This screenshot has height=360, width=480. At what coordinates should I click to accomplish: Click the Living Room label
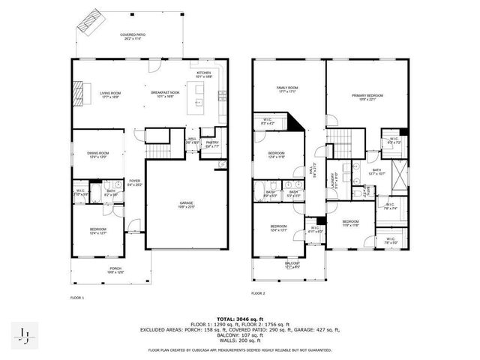[110, 94]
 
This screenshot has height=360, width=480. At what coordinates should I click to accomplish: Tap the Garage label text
[186, 205]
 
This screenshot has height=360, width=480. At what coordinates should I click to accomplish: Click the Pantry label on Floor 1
[212, 144]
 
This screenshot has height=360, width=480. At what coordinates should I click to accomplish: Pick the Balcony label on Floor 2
[292, 264]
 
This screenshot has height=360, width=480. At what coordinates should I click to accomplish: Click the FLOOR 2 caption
[258, 293]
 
